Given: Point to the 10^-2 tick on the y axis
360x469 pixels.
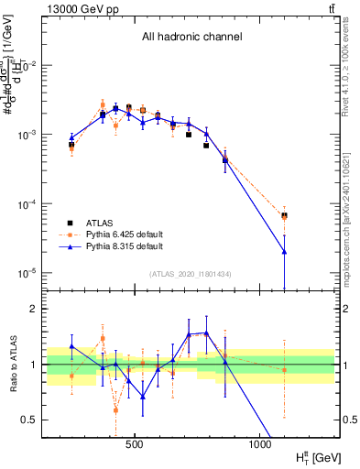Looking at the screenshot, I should tap(30, 66).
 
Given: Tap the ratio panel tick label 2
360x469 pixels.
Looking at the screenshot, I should tap(36, 309).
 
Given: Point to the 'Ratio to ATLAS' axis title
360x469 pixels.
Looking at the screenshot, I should tap(12, 365).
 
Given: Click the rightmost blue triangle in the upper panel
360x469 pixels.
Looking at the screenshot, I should tap(285, 251).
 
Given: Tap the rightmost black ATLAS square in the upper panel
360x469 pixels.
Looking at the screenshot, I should tap(285, 216).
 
